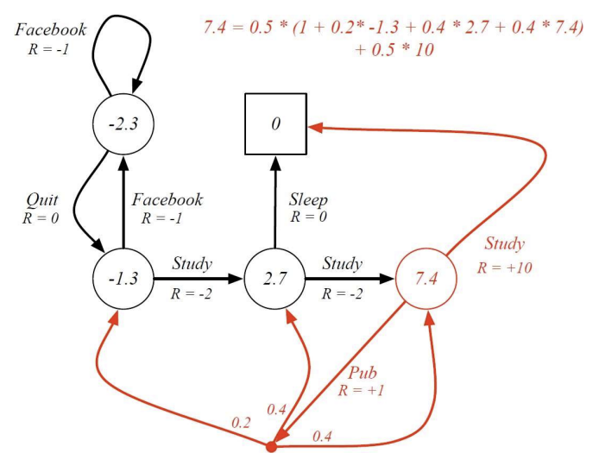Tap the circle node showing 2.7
275,280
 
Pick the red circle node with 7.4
426,280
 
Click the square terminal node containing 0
275,124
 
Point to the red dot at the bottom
270,447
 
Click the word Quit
41,199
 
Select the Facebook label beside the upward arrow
167,199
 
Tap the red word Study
504,244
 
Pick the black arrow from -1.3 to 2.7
198,280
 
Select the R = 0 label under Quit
41,217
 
